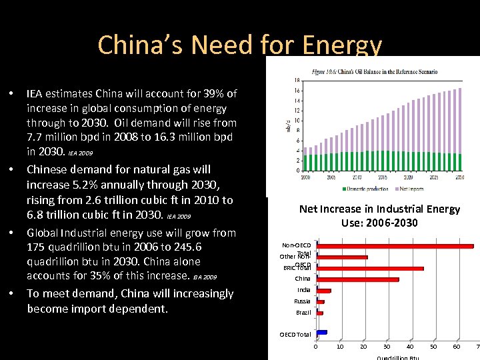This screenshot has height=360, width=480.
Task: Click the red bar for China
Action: point(357,279)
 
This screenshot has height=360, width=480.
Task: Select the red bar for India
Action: point(323,291)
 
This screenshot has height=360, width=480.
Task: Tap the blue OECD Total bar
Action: point(321,332)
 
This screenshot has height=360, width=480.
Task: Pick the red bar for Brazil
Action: point(319,313)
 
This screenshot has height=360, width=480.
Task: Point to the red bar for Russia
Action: point(320,302)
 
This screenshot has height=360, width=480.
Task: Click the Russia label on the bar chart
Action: point(303,301)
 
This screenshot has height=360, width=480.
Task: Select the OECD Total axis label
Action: point(295,334)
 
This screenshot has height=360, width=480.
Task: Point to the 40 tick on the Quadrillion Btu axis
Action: point(410,347)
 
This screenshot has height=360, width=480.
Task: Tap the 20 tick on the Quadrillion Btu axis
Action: point(363,347)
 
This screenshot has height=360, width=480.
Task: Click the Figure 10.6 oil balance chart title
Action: point(374,71)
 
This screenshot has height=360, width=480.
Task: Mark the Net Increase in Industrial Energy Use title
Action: point(379,215)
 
